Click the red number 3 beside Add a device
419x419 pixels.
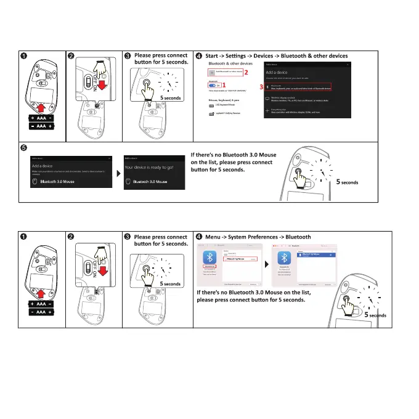click(261, 87)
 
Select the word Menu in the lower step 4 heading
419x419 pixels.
click(214, 237)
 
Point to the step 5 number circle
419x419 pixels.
click(23, 147)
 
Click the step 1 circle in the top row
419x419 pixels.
click(23, 57)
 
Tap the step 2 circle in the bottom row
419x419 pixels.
click(71, 237)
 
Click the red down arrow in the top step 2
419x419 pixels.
click(103, 84)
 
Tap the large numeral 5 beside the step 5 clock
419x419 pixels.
click(338, 182)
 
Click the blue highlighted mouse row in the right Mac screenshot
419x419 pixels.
click(315, 255)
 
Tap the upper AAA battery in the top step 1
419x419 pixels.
click(41, 117)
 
